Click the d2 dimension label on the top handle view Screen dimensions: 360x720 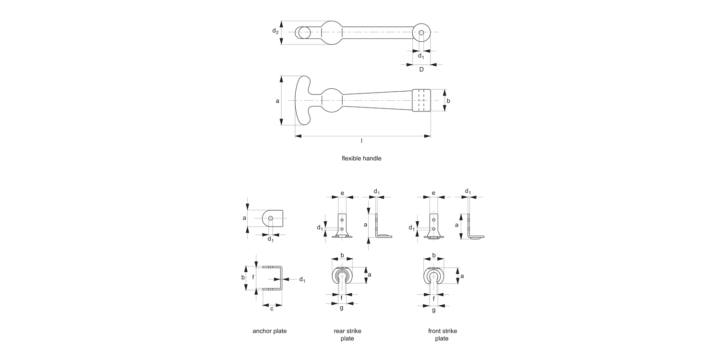point(275,31)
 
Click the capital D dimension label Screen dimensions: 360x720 point(421,70)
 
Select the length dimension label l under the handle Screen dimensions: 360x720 point(361,141)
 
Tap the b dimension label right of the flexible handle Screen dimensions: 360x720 point(448,101)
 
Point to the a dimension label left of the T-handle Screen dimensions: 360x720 point(277,101)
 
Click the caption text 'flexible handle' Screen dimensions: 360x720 point(361,158)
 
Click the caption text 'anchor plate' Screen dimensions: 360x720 point(269,331)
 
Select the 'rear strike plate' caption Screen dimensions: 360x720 point(347,335)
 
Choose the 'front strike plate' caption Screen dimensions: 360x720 point(442,335)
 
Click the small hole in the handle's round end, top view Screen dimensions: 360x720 point(421,33)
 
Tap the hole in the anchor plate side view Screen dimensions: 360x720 point(271,218)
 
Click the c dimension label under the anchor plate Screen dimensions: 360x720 point(272,309)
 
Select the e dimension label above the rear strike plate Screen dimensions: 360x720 point(342,193)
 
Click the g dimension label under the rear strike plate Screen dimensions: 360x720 point(341,308)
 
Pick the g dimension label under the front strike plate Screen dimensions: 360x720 point(433,311)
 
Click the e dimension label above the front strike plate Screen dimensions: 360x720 point(433,193)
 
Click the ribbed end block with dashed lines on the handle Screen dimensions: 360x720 point(421,101)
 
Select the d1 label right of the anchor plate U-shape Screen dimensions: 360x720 point(302,280)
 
